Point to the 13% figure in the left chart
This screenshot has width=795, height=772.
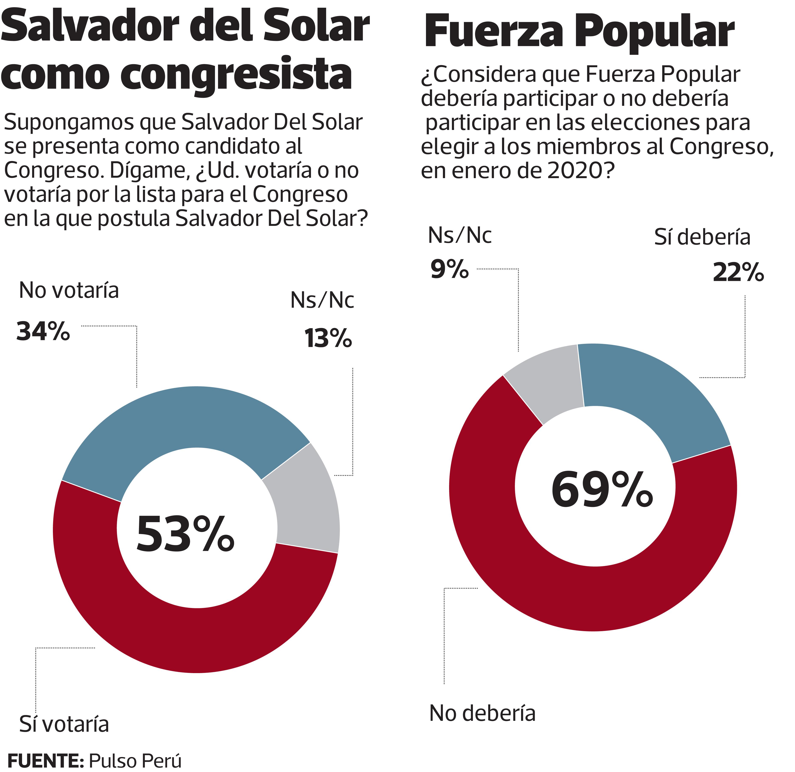(x=328, y=338)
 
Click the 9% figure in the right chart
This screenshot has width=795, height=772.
(x=449, y=269)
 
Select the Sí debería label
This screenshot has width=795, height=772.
(x=702, y=238)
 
